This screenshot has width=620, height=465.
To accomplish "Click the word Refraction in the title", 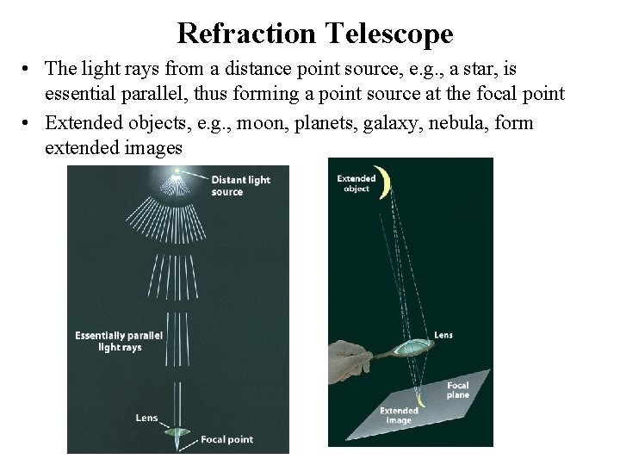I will [x=248, y=34].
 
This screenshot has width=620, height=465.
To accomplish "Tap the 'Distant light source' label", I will [x=240, y=185].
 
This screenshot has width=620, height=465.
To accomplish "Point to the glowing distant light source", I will [x=177, y=172].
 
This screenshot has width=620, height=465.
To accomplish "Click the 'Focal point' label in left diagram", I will [x=226, y=439].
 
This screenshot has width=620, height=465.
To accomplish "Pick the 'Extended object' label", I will [x=356, y=182].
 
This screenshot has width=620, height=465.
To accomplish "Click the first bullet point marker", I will [x=28, y=68].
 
